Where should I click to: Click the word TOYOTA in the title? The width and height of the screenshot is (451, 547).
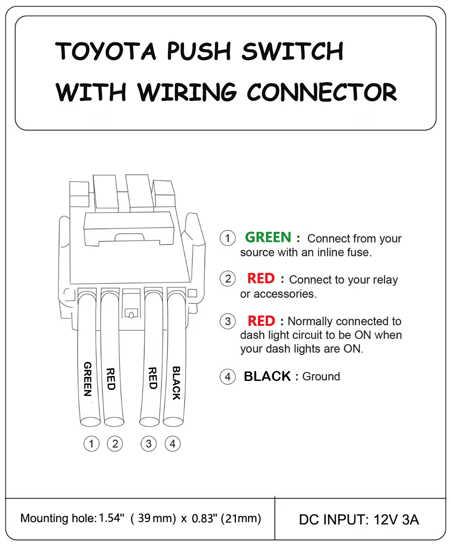tap(105, 51)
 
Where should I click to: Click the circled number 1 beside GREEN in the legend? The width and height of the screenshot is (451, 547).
tap(228, 238)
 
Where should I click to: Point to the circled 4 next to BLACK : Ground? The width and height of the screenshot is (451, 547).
tap(228, 376)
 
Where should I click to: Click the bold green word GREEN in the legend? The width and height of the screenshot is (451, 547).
tap(268, 237)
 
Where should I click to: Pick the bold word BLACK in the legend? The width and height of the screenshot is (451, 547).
tap(267, 376)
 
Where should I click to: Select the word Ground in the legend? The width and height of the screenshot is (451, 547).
tap(321, 376)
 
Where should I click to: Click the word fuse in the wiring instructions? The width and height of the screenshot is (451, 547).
tap(359, 252)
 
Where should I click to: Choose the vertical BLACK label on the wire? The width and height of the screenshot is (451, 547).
tap(176, 383)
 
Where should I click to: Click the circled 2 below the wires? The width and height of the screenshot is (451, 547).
tap(115, 444)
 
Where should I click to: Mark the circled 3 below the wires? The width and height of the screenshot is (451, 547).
tap(149, 444)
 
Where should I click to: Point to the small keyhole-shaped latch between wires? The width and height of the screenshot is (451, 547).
tap(132, 314)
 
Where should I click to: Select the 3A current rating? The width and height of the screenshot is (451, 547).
tap(410, 519)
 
